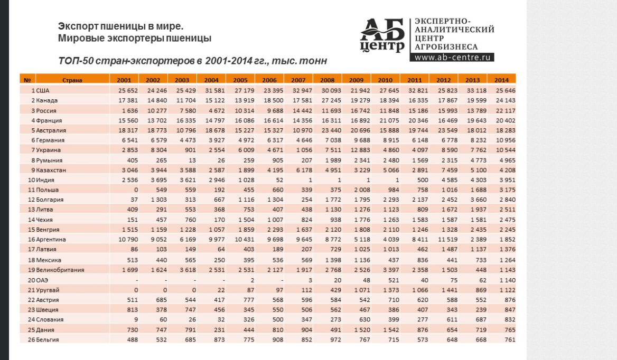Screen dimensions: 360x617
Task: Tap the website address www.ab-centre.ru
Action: [x=452, y=57]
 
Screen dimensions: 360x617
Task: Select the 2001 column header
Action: [x=124, y=80]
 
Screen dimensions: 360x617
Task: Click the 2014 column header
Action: [x=501, y=80]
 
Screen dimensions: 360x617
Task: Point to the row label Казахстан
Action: [x=51, y=170]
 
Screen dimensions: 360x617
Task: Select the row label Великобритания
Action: [x=60, y=270]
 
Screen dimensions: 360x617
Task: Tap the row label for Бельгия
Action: [x=48, y=339]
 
